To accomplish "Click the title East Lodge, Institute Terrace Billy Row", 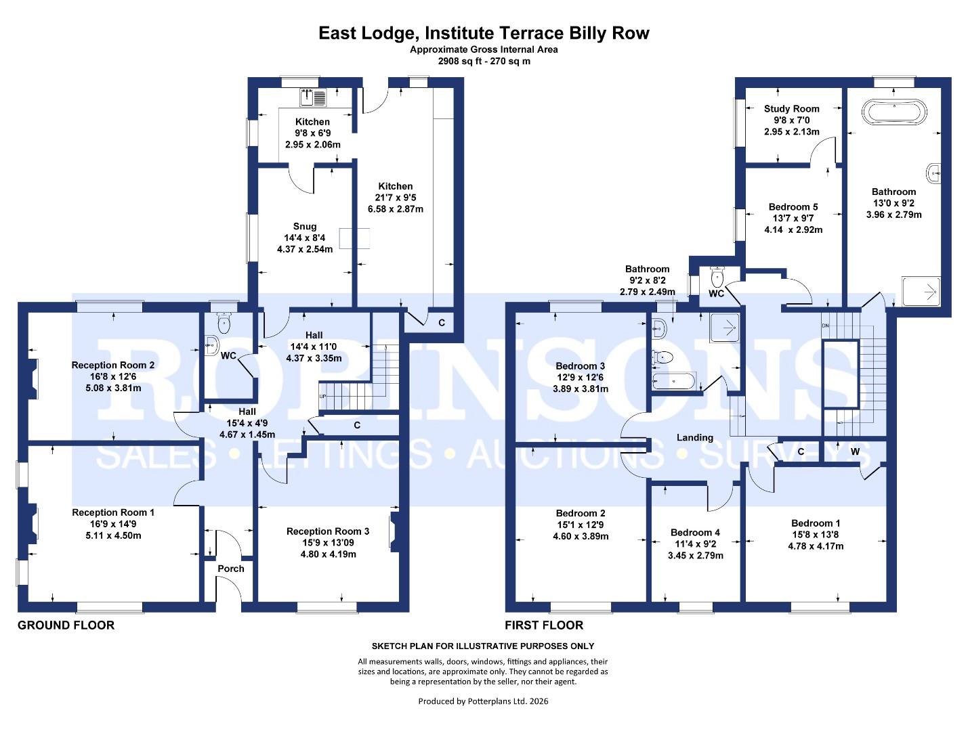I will (484, 33).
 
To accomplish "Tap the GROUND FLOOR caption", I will (66, 625).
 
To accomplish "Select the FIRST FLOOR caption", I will (543, 625).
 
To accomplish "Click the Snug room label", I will (305, 227).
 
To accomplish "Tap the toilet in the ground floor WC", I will (222, 326).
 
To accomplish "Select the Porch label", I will (230, 569).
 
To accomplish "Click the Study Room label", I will (791, 108).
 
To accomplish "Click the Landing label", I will (695, 438).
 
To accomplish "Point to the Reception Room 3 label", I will (328, 531).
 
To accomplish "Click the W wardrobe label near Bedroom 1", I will (855, 451).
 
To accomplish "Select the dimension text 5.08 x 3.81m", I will (113, 388).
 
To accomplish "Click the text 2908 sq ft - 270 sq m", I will (484, 61).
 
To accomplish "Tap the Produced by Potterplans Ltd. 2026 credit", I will (483, 701).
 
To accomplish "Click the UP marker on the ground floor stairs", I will (323, 396).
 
